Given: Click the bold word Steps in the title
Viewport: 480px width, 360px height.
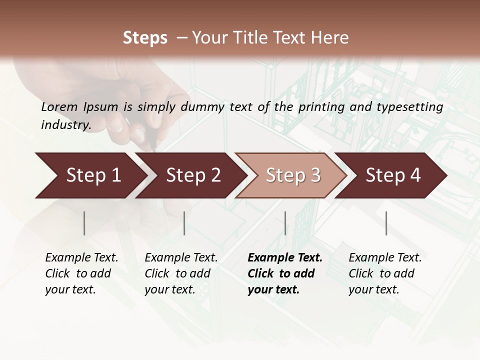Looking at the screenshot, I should point(145,38).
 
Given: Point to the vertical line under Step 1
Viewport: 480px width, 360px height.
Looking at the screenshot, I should point(84,223).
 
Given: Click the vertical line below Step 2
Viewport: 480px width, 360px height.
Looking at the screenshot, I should point(184,223).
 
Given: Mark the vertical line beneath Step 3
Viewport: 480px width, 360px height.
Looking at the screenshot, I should point(285,223).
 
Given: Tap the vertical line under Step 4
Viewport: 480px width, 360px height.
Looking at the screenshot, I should point(386,223).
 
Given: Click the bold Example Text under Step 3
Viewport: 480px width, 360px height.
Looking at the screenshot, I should point(285,258).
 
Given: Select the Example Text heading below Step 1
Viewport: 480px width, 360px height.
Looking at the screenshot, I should point(81,258).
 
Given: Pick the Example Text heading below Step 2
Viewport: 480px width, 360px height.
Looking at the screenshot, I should point(181,258).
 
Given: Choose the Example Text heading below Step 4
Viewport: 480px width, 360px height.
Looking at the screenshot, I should point(385,258).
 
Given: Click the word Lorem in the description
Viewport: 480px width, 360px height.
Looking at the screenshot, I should point(59,107).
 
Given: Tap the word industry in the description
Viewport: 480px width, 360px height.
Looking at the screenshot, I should point(65,125).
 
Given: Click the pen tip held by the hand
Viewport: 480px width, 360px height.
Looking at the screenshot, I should point(154,148).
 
